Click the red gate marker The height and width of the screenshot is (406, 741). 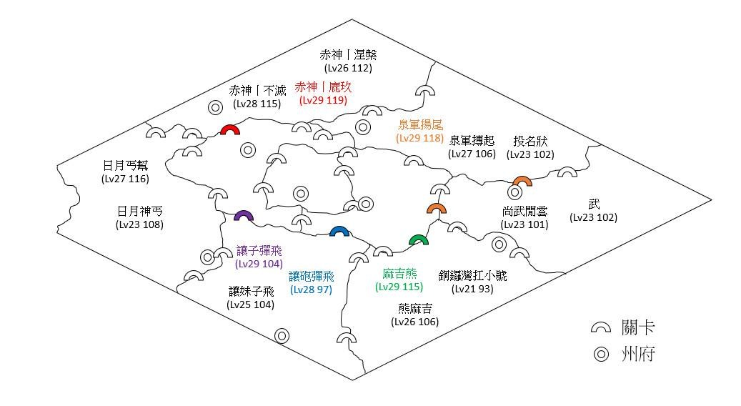click(229, 130)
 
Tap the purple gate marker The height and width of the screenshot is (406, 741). click(244, 216)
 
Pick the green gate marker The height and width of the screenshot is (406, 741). click(418, 239)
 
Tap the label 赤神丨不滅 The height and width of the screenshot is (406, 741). click(257, 91)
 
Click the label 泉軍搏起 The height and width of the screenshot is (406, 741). click(472, 140)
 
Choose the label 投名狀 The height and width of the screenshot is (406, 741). click(530, 140)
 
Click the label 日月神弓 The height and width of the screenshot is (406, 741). click(139, 211)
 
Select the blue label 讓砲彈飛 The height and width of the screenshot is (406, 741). click(312, 276)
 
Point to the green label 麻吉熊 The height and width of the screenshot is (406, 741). click(399, 274)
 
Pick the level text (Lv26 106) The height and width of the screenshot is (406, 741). click(414, 322)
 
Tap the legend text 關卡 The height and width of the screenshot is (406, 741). click(638, 328)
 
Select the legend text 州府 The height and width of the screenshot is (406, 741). click(638, 355)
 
